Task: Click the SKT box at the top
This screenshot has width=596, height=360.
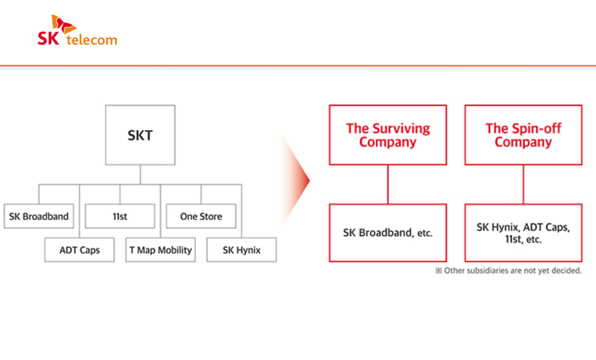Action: coord(140,135)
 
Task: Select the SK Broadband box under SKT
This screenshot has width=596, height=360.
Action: coord(39,216)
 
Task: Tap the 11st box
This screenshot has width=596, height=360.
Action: coord(120,216)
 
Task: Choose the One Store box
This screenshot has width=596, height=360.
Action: coord(201,216)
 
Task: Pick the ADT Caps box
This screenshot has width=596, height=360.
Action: coord(79,250)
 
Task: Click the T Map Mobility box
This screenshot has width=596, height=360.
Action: coord(161,250)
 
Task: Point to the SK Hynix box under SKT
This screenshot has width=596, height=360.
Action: coord(241,250)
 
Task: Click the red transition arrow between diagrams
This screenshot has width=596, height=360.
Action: coord(298,180)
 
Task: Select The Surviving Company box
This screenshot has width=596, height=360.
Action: coord(388,135)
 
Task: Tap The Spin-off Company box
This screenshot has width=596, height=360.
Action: coord(523,135)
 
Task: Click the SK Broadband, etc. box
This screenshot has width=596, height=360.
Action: coord(388,233)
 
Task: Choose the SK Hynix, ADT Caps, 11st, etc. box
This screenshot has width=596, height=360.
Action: coord(523,233)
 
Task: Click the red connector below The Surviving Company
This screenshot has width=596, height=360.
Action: coord(388,184)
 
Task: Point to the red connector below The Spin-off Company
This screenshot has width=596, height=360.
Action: coord(523,184)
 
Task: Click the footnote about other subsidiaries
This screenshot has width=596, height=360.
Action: coord(508,271)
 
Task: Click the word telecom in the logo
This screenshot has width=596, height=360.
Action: coord(92,40)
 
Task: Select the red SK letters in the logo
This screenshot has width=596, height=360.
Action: coord(48,38)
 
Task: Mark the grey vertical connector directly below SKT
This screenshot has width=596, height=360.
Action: coord(140,175)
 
